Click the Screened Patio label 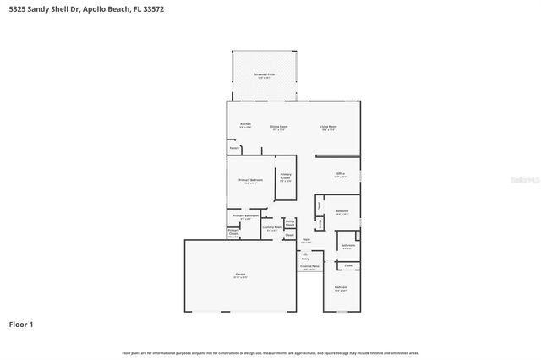264,75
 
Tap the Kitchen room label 245,125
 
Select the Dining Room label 278,127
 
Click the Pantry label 234,148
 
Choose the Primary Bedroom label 250,181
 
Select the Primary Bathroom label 245,216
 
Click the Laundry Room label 272,226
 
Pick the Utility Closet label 290,222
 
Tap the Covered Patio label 309,267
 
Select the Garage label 240,275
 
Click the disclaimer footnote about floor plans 270,352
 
